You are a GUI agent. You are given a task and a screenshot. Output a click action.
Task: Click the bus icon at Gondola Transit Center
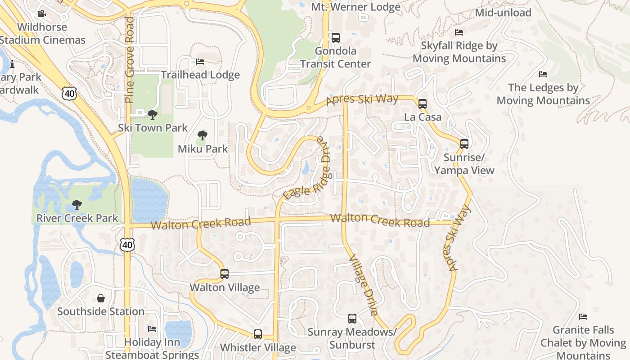point(335,38)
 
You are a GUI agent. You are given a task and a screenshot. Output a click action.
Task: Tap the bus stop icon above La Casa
point(423,104)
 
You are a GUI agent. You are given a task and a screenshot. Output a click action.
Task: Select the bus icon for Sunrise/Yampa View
point(464,144)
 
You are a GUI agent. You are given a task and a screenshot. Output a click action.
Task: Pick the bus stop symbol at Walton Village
point(224,274)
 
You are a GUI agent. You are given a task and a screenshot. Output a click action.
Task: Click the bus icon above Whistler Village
point(258,334)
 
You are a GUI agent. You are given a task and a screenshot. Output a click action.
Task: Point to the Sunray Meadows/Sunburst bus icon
point(352,319)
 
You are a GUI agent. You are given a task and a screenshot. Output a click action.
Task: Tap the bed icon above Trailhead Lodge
point(200,62)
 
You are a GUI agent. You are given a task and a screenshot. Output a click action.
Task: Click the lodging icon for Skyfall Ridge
point(459,32)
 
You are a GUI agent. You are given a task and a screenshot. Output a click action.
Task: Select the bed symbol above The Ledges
point(543,74)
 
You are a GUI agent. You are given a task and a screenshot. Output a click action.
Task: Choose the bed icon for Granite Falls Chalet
point(583,317)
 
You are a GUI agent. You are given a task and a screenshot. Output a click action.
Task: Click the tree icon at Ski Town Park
point(153,114)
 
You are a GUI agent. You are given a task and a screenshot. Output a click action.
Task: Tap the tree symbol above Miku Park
point(202,135)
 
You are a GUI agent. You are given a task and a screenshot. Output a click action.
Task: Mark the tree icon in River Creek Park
point(77,205)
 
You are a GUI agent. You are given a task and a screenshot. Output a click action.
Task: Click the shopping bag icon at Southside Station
point(101,298)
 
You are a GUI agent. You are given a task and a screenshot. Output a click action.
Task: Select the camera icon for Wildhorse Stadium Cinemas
point(41,14)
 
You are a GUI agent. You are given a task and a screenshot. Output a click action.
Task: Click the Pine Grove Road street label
point(130,60)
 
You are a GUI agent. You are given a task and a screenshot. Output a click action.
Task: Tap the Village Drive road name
point(363,285)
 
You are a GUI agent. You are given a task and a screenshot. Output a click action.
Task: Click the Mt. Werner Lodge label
point(355,7)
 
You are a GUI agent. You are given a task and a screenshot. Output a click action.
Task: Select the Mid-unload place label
point(503,13)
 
